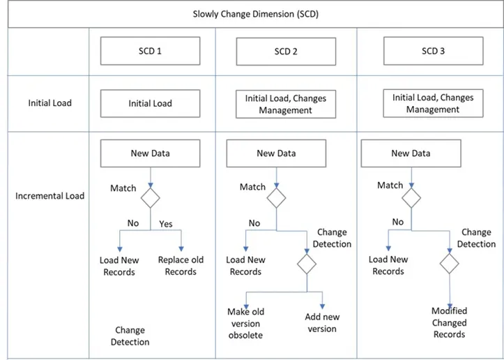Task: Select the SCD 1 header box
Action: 151,51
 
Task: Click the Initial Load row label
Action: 49,103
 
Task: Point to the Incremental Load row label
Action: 49,196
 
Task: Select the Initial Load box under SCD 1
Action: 151,103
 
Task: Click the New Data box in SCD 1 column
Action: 151,153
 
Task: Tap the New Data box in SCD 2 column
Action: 277,153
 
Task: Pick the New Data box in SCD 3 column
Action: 411,153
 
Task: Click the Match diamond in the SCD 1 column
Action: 151,197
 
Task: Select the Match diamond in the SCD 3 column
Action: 411,197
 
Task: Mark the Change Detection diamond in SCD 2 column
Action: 307,265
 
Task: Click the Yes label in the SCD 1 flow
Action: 166,224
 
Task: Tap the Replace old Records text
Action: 181,266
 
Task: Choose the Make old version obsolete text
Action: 245,323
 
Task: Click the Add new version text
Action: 321,323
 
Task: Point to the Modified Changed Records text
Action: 449,322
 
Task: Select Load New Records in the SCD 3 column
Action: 388,265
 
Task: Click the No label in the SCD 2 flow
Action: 254,223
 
